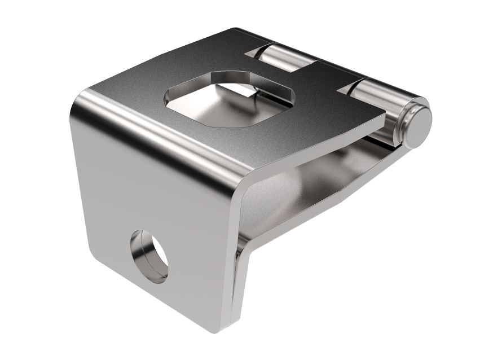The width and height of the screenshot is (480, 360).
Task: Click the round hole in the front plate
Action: pyautogui.click(x=149, y=256)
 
